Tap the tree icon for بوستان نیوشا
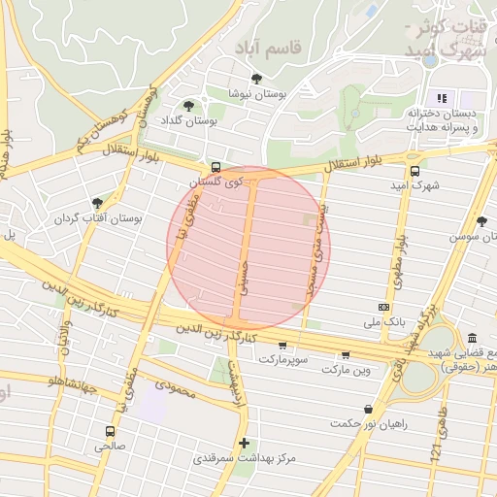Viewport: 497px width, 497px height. tap(256, 80)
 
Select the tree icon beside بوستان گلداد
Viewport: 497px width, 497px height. tap(188, 106)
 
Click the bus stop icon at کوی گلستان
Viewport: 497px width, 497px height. tap(215, 167)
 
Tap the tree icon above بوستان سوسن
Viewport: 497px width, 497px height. tap(481, 221)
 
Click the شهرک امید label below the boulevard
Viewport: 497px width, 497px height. tap(414, 184)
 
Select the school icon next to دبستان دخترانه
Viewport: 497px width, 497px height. tap(442, 98)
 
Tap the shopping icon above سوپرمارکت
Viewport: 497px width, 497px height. tap(282, 345)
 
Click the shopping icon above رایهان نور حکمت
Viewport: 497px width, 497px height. tap(368, 410)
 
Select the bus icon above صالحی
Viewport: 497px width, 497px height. tap(109, 430)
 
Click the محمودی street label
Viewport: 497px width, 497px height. tap(175, 388)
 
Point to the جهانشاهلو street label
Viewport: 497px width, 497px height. tap(83, 385)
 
